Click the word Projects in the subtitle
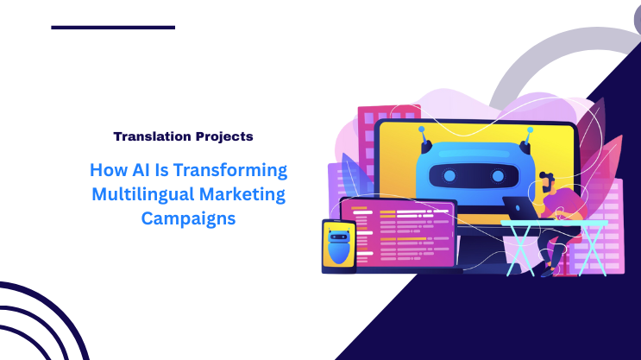[222, 136]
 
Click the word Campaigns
[188, 218]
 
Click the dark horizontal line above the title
[113, 28]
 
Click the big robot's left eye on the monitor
[449, 176]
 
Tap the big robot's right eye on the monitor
[500, 176]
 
